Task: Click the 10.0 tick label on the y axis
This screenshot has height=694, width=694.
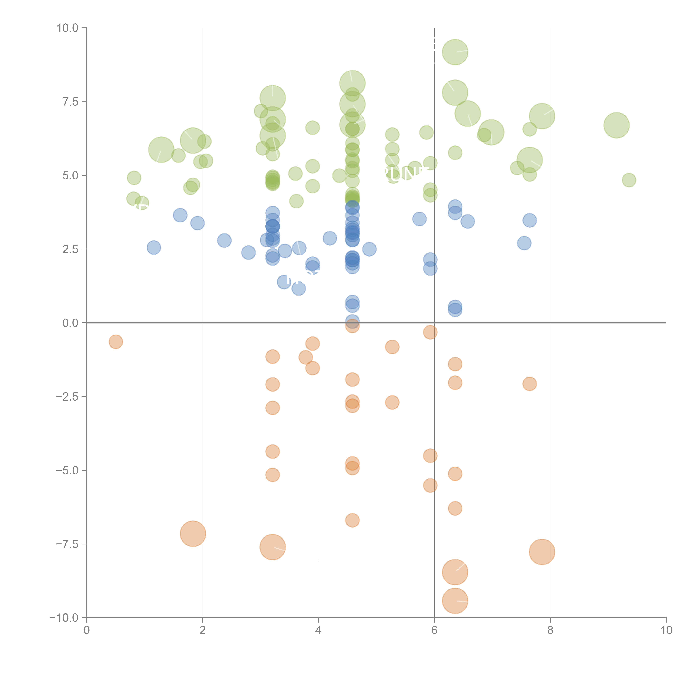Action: [x=68, y=28]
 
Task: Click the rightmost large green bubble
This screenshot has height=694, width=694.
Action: [x=616, y=125]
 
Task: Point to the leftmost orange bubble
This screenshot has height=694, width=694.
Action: [x=116, y=342]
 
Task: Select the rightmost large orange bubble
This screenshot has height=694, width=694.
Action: [x=542, y=552]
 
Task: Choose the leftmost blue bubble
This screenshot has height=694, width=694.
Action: [x=154, y=247]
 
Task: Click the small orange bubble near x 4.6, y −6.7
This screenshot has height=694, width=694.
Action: [x=352, y=520]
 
